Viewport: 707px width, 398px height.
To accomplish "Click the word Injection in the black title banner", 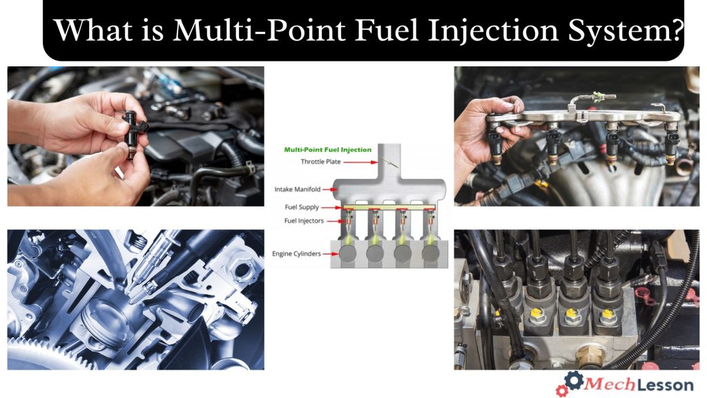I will coord(470,30).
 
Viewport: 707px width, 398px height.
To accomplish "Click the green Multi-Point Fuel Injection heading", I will coord(327,149).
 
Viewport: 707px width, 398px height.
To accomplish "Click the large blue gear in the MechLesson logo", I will coord(572,381).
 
